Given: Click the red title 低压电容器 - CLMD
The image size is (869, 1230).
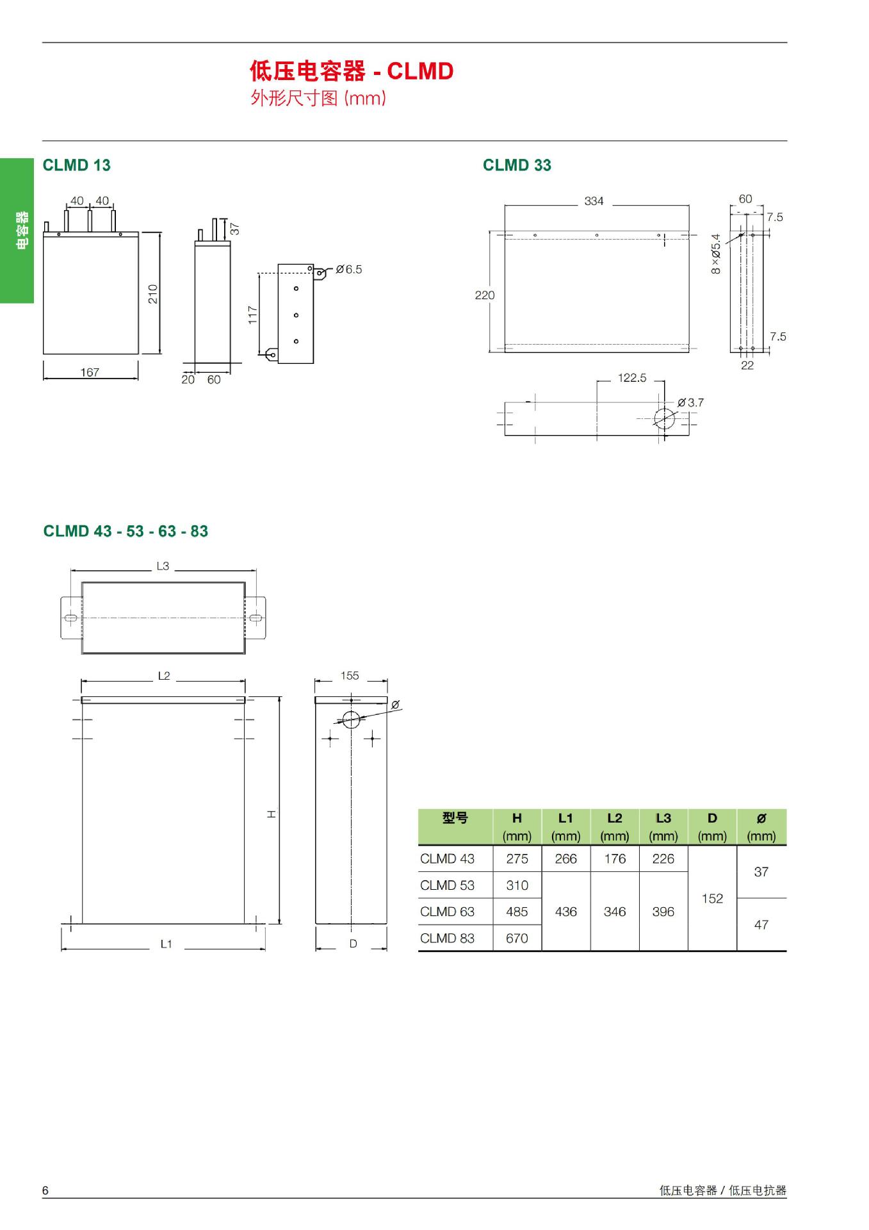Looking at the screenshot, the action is click(352, 71).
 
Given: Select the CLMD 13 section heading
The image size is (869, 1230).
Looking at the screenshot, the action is click(76, 165).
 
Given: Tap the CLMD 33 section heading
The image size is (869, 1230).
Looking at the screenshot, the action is click(517, 165).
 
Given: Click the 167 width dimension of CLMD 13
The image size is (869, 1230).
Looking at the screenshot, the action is click(90, 372).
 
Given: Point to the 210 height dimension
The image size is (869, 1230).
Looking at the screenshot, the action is click(152, 294).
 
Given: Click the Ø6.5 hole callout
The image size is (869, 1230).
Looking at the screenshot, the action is click(349, 270).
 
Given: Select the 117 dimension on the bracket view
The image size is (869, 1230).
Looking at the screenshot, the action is click(252, 315).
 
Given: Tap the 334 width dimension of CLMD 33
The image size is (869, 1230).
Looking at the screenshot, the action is click(594, 201).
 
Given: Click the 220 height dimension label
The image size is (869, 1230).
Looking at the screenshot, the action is click(485, 295).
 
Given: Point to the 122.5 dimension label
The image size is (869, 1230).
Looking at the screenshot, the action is click(632, 378).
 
